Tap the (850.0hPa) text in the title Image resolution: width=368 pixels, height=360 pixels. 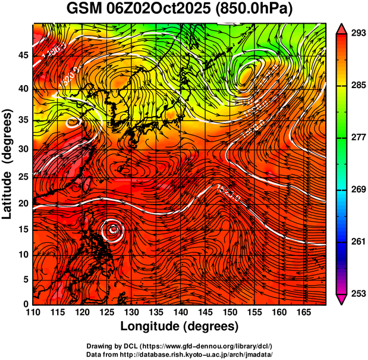[x=256, y=10]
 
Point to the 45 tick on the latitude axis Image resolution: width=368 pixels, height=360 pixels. [x=24, y=55]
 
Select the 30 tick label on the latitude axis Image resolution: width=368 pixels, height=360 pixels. [x=24, y=149]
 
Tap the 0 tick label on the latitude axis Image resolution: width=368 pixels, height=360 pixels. [x=26, y=304]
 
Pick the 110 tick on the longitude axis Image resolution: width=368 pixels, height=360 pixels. [x=33, y=312]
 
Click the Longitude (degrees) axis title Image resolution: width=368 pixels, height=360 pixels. [x=180, y=326]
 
